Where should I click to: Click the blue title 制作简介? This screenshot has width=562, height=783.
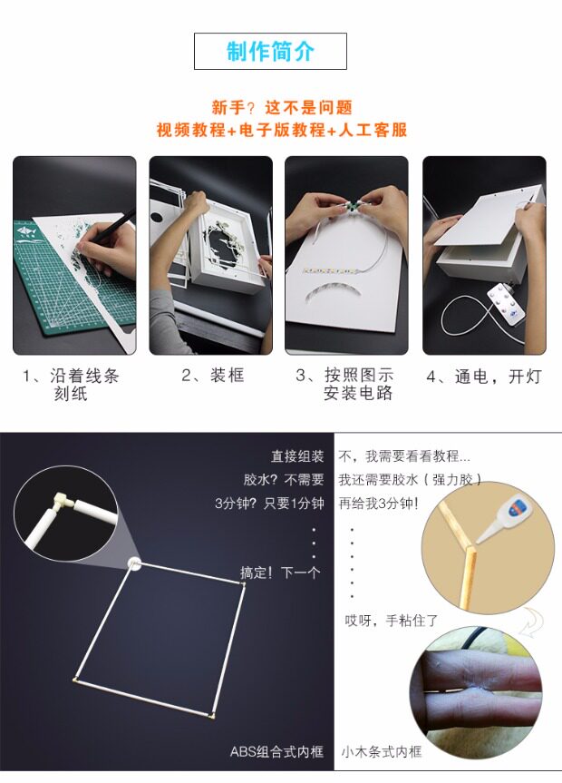[x=270, y=52]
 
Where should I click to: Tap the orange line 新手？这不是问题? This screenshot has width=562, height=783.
[x=282, y=107]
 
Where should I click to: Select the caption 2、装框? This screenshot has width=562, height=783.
[x=213, y=375]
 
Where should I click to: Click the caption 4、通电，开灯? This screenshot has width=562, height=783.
[x=484, y=376]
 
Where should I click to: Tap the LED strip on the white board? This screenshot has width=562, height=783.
[x=329, y=271]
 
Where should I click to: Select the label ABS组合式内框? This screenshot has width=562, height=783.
[x=276, y=751]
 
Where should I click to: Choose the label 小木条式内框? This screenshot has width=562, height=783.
[x=382, y=751]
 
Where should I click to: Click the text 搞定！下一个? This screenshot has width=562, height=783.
[x=279, y=573]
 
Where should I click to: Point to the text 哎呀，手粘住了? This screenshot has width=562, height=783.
[x=392, y=621]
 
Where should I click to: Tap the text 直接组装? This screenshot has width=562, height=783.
[x=297, y=455]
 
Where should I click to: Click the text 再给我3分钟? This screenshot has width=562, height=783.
[x=378, y=503]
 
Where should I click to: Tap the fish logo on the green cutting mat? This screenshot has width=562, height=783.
[x=26, y=231]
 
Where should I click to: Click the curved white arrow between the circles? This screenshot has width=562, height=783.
[x=531, y=621]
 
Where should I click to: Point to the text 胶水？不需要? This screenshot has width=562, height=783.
[x=284, y=479]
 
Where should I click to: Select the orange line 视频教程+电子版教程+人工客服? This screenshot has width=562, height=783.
[x=282, y=130]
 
